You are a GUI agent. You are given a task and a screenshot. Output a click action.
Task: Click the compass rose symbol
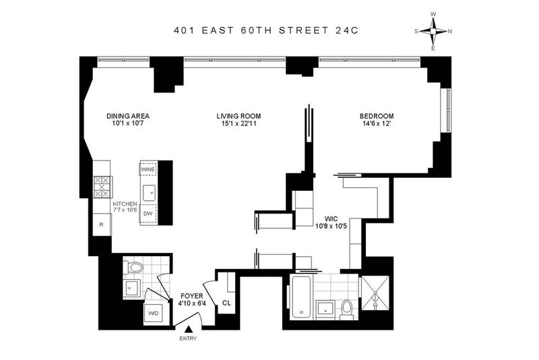[433, 31]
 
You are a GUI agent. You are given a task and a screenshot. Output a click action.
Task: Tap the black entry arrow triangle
[188, 330]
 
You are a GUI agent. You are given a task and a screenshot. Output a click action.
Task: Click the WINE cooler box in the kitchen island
[148, 169]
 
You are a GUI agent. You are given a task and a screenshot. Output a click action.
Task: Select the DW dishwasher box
[148, 214]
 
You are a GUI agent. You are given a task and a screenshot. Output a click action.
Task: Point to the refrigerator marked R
[102, 225]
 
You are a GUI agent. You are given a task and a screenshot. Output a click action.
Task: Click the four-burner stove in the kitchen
[102, 187]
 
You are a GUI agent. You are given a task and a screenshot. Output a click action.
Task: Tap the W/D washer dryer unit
[154, 313]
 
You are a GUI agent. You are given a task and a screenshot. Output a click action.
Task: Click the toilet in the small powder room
[134, 268]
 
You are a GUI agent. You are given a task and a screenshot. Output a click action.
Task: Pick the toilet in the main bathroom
[346, 309]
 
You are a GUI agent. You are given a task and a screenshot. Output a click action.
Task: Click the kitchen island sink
[149, 194]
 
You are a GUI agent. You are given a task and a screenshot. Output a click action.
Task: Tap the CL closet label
[226, 303]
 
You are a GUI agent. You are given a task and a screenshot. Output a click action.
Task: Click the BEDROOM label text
[377, 116]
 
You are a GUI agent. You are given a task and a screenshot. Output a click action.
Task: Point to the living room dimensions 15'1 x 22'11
[239, 123]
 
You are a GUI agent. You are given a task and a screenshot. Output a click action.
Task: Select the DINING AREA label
[128, 116]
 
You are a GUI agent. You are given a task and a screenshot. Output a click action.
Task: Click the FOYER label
[192, 296]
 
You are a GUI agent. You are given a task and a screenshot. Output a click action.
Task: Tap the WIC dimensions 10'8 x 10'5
[331, 226]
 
